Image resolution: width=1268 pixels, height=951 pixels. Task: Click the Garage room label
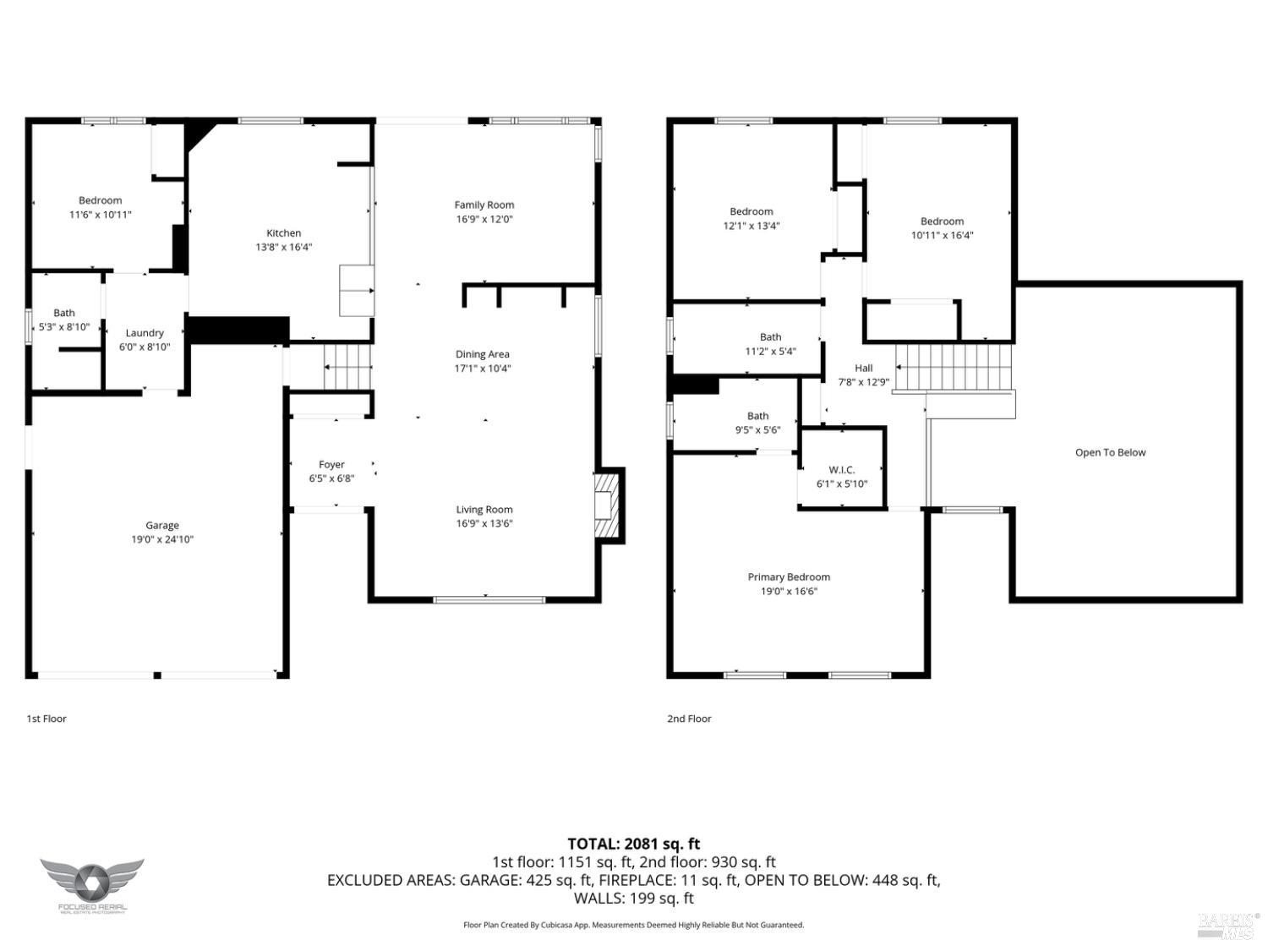[161, 525]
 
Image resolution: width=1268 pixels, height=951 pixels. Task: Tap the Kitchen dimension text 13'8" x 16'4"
[283, 247]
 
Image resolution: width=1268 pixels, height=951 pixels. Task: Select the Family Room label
[484, 205]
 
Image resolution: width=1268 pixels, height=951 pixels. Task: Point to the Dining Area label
[482, 354]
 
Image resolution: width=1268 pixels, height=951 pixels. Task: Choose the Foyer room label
[331, 464]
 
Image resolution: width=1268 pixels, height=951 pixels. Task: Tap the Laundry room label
[145, 333]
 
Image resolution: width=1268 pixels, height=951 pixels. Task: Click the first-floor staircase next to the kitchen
[347, 367]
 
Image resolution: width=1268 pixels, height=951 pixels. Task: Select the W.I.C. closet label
[841, 470]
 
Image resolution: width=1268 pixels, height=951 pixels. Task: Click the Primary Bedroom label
[789, 577]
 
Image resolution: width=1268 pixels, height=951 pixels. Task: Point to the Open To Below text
[1110, 452]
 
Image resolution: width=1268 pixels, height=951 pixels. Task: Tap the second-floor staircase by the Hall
[954, 368]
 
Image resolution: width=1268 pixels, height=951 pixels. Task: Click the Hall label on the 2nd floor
[863, 368]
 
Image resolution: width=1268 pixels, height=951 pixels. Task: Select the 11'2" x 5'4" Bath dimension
[770, 351]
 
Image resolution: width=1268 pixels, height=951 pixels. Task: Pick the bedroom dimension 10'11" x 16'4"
[942, 235]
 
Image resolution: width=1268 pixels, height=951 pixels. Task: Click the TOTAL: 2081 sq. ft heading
[633, 843]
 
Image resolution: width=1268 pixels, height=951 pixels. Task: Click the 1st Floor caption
[46, 719]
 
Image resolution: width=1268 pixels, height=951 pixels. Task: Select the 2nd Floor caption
[689, 719]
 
